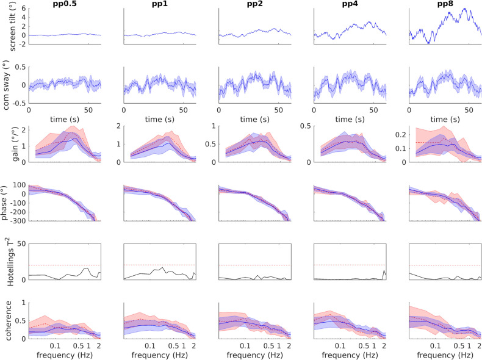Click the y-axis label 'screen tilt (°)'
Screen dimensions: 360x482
(x=5, y=26)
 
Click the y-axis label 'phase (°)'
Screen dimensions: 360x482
(x=5, y=202)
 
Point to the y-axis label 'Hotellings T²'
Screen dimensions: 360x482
(x=5, y=261)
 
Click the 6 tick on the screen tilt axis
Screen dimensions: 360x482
(x=23, y=9)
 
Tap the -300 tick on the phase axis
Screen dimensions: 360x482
(x=17, y=221)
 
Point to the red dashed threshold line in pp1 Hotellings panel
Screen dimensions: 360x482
(x=160, y=265)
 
